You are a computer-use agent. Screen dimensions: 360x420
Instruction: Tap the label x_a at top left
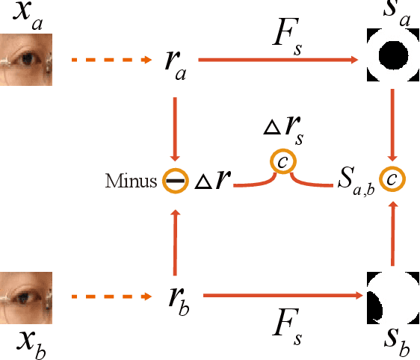tap(26, 16)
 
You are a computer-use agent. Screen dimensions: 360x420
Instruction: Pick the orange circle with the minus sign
tap(174, 181)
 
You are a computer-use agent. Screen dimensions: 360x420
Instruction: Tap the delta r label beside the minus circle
tap(214, 180)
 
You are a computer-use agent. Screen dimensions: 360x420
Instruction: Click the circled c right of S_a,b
tap(393, 180)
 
